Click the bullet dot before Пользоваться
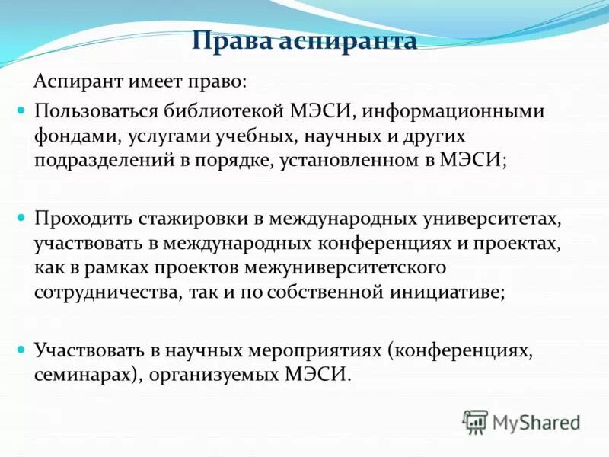click(22, 111)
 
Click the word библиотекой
click(225, 112)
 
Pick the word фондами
click(74, 136)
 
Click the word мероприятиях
click(314, 351)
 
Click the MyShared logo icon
click(476, 421)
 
